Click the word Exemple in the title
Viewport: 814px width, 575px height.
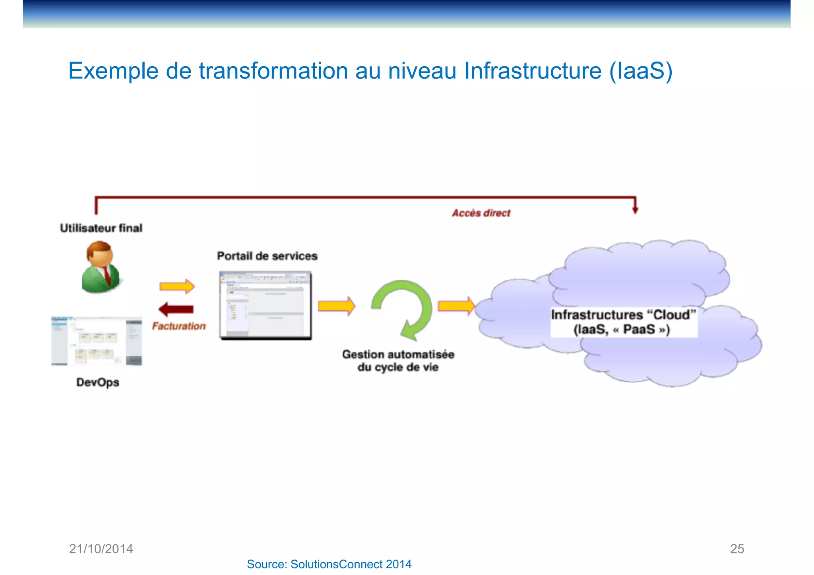pyautogui.click(x=114, y=71)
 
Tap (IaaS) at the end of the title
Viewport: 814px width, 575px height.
pyautogui.click(x=641, y=71)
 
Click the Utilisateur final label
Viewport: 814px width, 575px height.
pyautogui.click(x=101, y=228)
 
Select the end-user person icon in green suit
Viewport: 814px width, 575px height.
pyautogui.click(x=101, y=268)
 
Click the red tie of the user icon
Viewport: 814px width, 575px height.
pyautogui.click(x=107, y=275)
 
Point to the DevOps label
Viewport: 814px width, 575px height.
pyautogui.click(x=98, y=382)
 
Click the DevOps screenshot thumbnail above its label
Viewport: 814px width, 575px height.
pyautogui.click(x=97, y=341)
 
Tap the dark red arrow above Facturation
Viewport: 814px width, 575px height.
pyautogui.click(x=176, y=309)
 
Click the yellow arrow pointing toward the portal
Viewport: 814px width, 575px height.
pyautogui.click(x=177, y=286)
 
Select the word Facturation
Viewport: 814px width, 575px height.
pyautogui.click(x=179, y=326)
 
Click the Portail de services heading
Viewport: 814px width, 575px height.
pyautogui.click(x=267, y=256)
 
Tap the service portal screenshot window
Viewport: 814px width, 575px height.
pyautogui.click(x=266, y=305)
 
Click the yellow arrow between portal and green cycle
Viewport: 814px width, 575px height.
pyautogui.click(x=336, y=306)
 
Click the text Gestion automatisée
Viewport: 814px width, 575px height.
pyautogui.click(x=398, y=355)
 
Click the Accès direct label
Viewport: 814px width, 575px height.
pyautogui.click(x=481, y=213)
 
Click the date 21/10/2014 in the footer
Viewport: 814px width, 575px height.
pyautogui.click(x=101, y=549)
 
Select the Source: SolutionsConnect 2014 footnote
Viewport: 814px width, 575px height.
pyautogui.click(x=329, y=564)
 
